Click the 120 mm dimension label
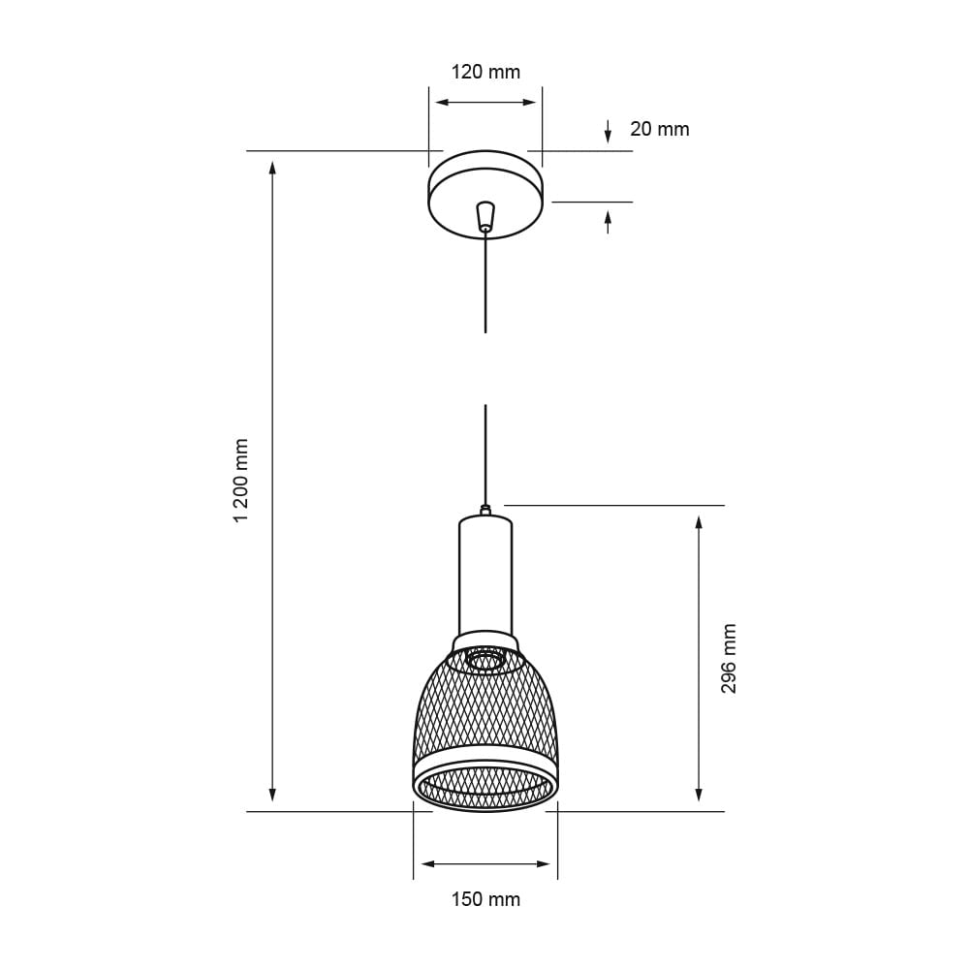[485, 72]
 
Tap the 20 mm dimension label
[659, 129]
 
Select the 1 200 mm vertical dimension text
[242, 481]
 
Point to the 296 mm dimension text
[729, 658]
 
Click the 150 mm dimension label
[485, 899]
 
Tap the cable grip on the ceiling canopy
[485, 214]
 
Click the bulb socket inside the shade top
[485, 660]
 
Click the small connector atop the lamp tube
[485, 509]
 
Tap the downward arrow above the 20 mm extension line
[608, 134]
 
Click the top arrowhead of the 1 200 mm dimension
[272, 169]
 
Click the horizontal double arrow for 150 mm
[485, 863]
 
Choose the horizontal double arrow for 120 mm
[485, 102]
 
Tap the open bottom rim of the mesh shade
[485, 800]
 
